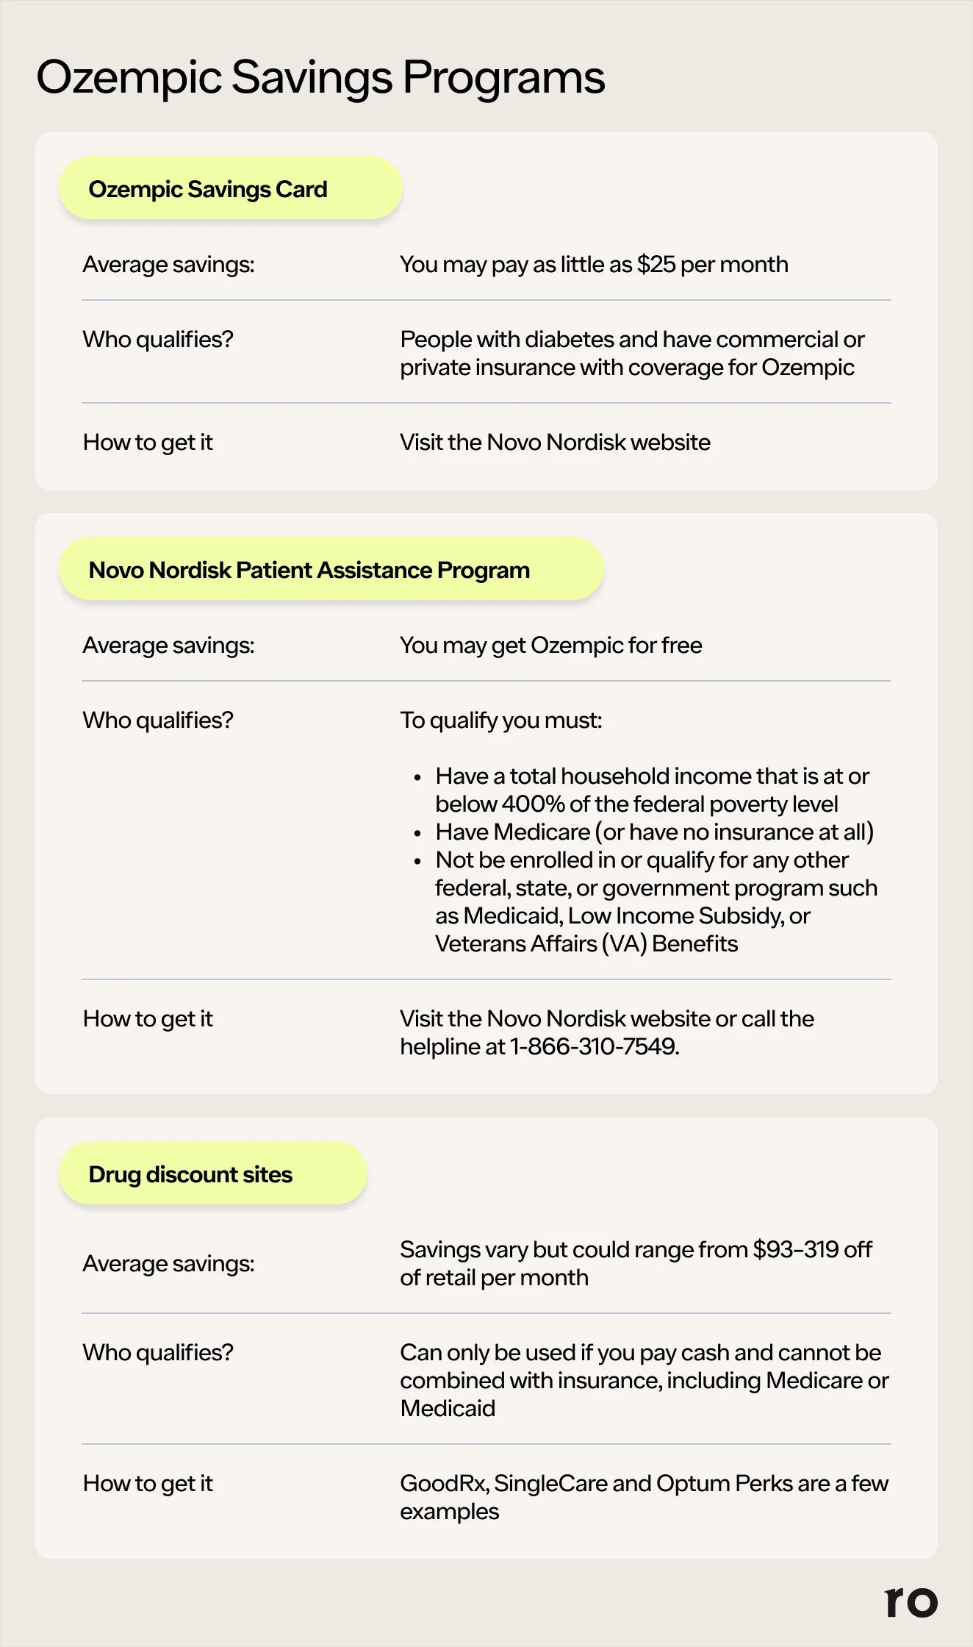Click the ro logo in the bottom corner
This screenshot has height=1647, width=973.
[911, 1601]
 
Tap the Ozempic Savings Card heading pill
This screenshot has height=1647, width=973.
[230, 189]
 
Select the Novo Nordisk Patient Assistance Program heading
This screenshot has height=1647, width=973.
[331, 570]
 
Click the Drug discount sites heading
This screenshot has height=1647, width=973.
[212, 1174]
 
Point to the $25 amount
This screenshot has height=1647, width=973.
[656, 265]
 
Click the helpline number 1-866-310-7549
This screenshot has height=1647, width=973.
[594, 1046]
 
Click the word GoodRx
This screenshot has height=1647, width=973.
[443, 1483]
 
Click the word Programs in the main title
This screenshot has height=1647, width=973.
[503, 77]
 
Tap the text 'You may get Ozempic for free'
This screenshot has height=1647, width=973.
[550, 646]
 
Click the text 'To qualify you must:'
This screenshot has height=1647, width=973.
[500, 721]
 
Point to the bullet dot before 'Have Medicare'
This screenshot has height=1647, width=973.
[417, 833]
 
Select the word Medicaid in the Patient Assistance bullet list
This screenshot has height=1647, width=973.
[511, 916]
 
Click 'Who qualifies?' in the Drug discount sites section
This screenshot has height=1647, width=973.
[158, 1352]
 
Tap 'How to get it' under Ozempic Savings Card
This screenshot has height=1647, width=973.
[148, 443]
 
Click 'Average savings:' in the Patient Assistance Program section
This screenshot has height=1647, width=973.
[168, 646]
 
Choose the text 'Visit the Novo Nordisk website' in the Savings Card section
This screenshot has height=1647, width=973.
[555, 443]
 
